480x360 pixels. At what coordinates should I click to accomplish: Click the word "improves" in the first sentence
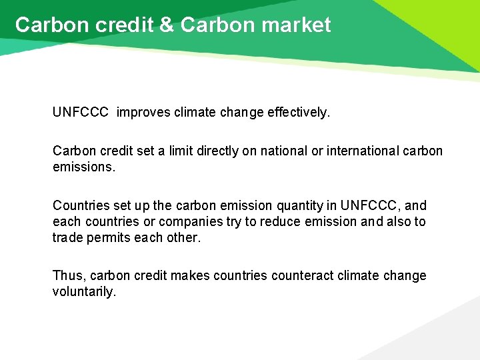tap(143, 113)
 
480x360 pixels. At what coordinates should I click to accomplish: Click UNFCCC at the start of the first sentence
tap(80, 113)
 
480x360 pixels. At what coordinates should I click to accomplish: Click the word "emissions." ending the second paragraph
tap(84, 166)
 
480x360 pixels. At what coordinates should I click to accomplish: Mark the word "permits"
tap(106, 237)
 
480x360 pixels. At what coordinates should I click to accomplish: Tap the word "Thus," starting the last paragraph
tap(69, 276)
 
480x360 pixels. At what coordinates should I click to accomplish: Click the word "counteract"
tap(301, 276)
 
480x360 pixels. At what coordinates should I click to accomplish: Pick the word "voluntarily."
tap(84, 291)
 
